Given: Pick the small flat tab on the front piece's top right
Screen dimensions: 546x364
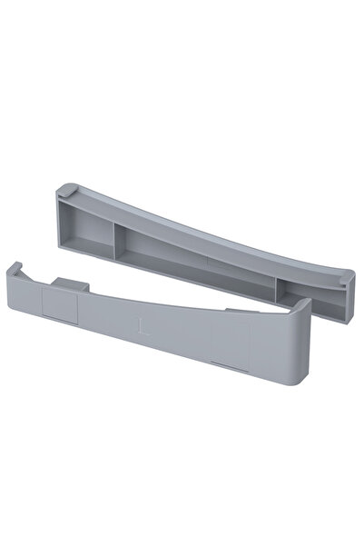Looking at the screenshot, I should (x=235, y=312).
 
